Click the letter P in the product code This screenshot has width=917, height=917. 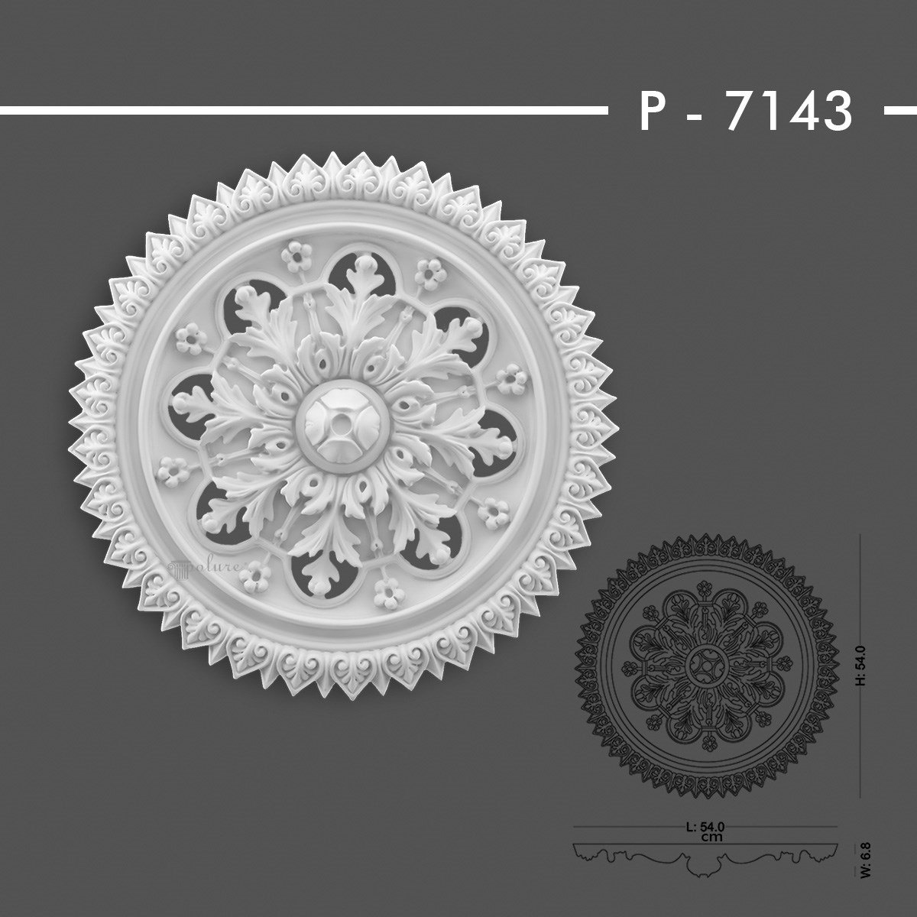652,112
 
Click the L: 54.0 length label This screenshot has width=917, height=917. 704,826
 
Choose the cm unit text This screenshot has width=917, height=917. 705,836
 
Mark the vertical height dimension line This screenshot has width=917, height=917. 861,665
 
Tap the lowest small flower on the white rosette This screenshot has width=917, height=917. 387,591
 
